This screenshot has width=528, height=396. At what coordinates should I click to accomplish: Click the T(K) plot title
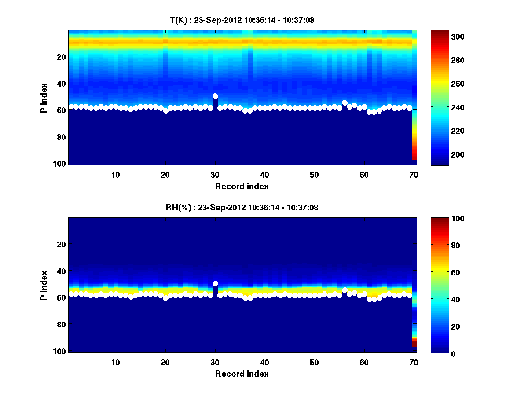242,20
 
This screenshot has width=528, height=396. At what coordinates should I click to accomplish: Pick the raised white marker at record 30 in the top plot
215,96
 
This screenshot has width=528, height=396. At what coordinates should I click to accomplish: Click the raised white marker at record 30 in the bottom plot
215,284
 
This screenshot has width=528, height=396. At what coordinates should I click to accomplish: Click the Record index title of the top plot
242,186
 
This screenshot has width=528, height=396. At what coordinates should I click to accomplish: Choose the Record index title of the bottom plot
242,374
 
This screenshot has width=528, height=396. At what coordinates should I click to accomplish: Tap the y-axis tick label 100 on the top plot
60,164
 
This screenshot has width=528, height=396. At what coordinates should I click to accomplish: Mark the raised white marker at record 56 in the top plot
345,103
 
